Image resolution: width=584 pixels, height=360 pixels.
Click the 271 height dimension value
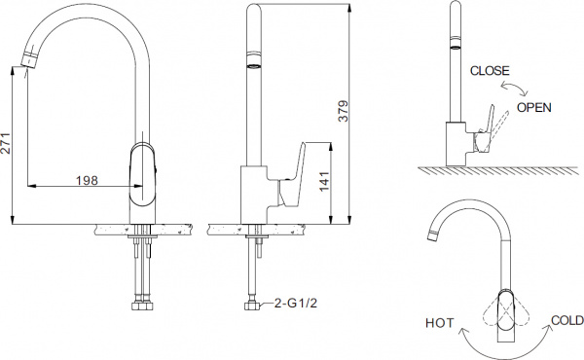(x=9, y=147)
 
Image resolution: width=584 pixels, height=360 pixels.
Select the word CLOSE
(x=489, y=71)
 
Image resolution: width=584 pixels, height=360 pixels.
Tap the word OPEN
(x=534, y=106)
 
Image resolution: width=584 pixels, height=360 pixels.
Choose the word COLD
(x=566, y=320)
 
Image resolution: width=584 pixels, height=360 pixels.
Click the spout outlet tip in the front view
(x=29, y=64)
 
